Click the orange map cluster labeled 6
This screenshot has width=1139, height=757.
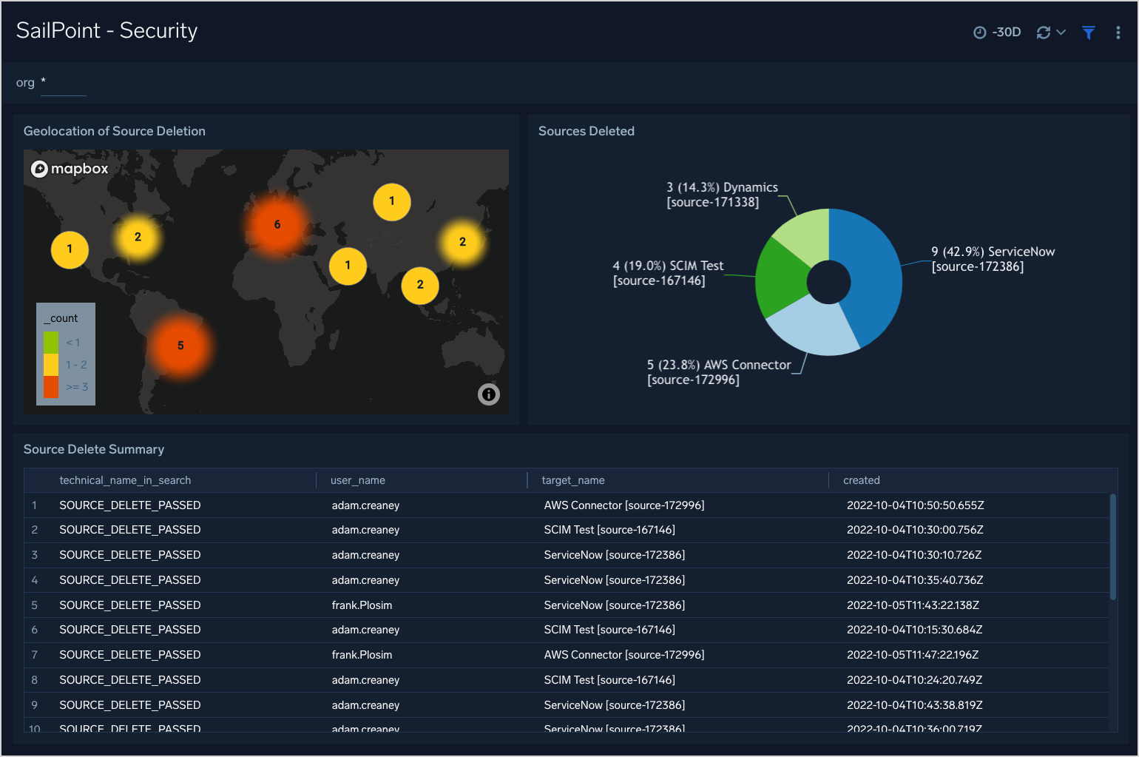tap(277, 225)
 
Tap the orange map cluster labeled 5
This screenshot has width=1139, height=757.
tap(180, 346)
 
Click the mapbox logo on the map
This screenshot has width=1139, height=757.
tap(70, 169)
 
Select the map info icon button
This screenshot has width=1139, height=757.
tap(488, 394)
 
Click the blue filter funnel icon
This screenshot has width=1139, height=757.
tap(1088, 33)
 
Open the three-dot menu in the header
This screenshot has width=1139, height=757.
tap(1118, 33)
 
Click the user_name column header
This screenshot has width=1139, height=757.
tap(358, 480)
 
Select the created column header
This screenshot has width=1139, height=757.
tap(862, 480)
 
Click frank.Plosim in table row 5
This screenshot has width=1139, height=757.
tap(362, 605)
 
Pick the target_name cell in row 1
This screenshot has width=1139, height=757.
tap(624, 505)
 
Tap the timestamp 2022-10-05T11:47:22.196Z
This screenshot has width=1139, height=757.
tap(913, 655)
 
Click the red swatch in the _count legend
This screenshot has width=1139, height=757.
tap(51, 387)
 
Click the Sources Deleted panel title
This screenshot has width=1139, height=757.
tap(587, 131)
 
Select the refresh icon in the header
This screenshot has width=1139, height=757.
tap(1044, 33)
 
